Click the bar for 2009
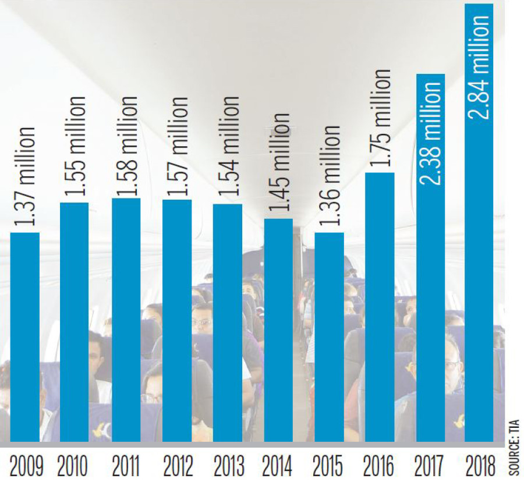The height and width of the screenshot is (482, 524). pos(25,338)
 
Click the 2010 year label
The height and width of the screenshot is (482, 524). pos(73,466)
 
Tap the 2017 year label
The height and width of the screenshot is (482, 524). pos(429,466)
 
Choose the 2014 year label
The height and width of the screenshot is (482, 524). pos(278,466)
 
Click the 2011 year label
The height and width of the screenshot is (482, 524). pos(125,466)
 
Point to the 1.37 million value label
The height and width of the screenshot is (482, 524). pos(25,177)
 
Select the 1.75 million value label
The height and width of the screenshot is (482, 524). pos(381,119)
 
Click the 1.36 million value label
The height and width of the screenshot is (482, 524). pos(331,178)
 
